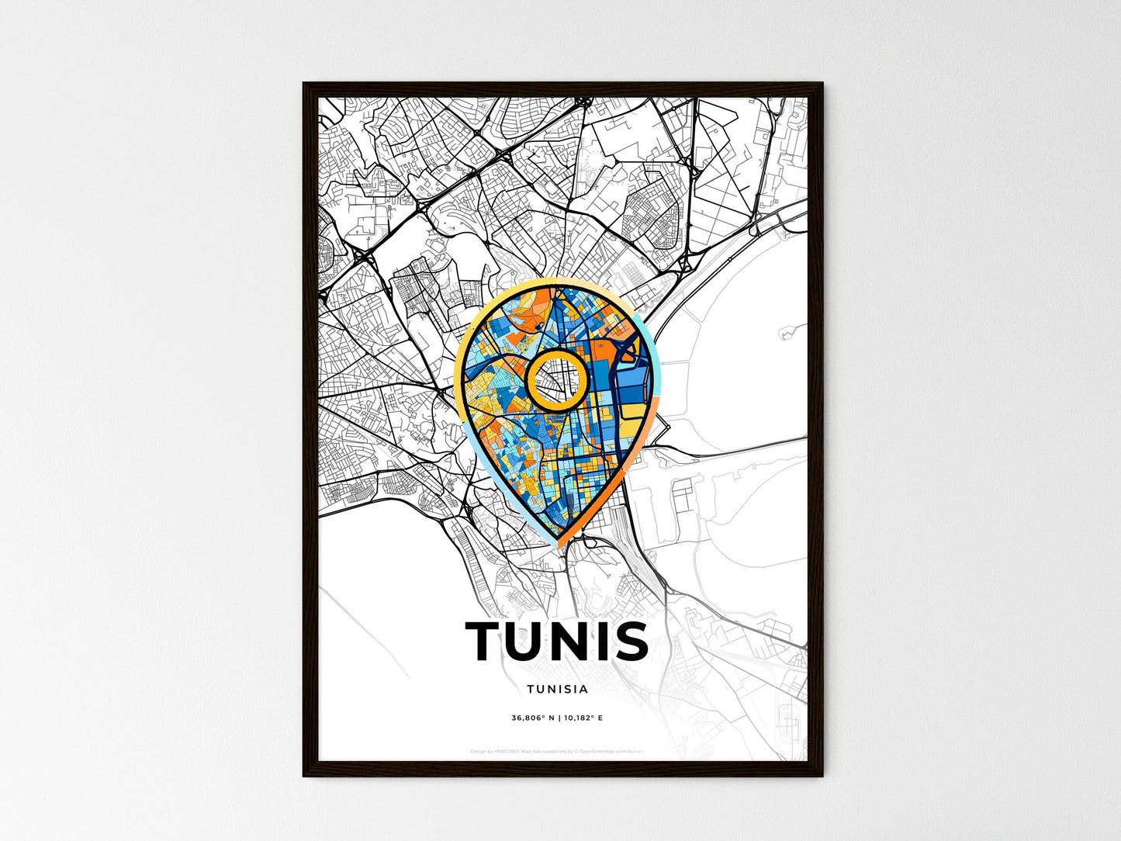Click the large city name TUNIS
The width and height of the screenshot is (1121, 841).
[x=557, y=641]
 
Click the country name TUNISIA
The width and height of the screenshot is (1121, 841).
[x=557, y=688]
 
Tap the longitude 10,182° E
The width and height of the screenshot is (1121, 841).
[x=583, y=718]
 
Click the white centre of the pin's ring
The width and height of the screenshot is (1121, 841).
[x=556, y=379]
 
